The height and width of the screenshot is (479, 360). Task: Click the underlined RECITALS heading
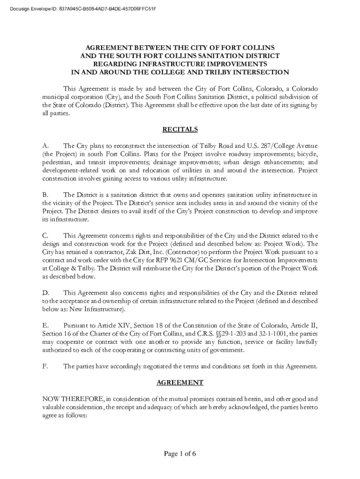(180, 129)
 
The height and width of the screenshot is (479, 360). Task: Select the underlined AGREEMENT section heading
(180, 383)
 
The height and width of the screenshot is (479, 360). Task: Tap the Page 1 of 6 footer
(180, 454)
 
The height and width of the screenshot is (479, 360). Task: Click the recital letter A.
(45, 145)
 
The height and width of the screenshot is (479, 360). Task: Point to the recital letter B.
(45, 195)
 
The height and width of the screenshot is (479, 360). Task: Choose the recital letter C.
(45, 235)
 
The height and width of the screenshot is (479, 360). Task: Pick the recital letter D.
(45, 292)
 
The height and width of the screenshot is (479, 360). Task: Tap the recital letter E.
(45, 325)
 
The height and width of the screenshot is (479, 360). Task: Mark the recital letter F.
(45, 366)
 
